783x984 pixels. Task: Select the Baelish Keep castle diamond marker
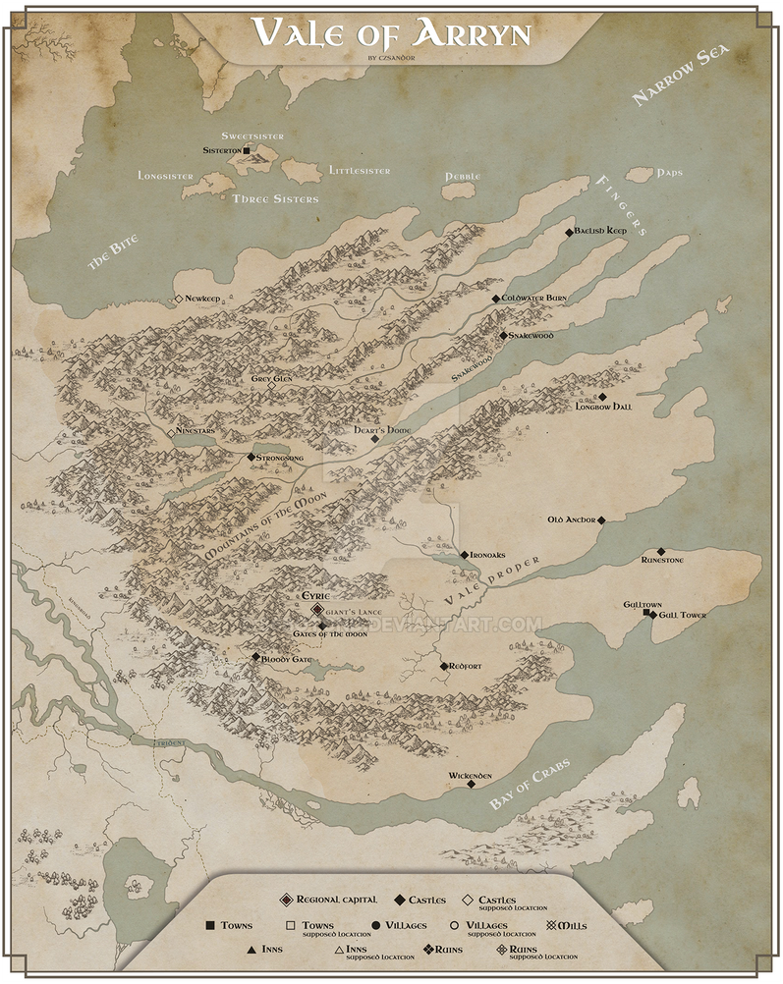tap(570, 233)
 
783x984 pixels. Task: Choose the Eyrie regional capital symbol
tap(316, 610)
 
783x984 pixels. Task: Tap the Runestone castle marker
tap(661, 552)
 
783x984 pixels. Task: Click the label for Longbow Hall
tap(602, 407)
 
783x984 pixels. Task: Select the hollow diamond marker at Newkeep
tap(178, 299)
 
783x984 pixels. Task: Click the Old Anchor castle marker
tap(601, 520)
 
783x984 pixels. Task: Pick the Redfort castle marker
tap(442, 666)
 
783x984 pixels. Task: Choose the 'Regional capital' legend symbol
tap(286, 900)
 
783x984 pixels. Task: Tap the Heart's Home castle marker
tap(374, 439)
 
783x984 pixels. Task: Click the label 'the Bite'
tap(110, 255)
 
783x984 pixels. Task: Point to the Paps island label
tap(671, 173)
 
